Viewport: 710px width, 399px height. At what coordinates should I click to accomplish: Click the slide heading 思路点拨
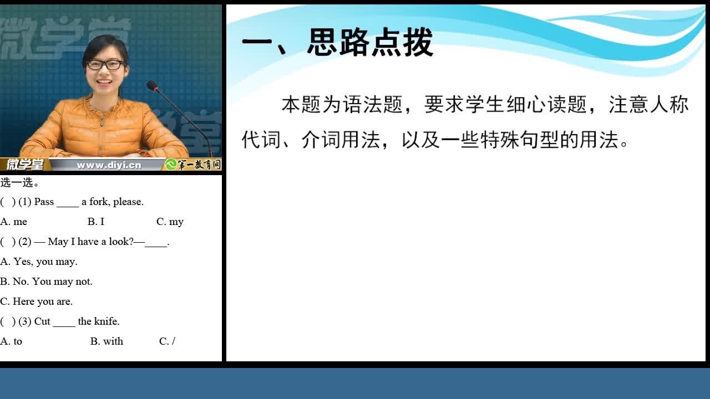[x=370, y=42]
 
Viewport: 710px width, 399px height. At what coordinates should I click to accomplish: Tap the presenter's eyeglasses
[x=105, y=65]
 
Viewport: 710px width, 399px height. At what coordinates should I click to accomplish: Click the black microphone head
[x=152, y=85]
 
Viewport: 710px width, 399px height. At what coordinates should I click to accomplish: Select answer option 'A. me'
[x=14, y=222]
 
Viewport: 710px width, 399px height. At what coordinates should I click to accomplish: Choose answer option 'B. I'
[x=96, y=222]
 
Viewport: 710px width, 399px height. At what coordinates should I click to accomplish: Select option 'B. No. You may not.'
[x=46, y=282]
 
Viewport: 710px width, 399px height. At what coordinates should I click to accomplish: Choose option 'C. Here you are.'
[x=36, y=301]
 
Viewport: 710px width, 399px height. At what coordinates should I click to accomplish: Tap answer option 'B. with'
[x=106, y=341]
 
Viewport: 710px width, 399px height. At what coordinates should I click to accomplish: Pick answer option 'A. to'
[x=11, y=341]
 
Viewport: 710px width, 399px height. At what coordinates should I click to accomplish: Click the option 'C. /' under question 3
[x=167, y=341]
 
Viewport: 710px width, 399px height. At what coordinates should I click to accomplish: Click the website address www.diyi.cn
[x=109, y=165]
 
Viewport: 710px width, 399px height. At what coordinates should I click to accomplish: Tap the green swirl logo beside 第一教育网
[x=171, y=165]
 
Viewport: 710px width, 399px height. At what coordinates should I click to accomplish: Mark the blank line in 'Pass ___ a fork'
[x=68, y=207]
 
